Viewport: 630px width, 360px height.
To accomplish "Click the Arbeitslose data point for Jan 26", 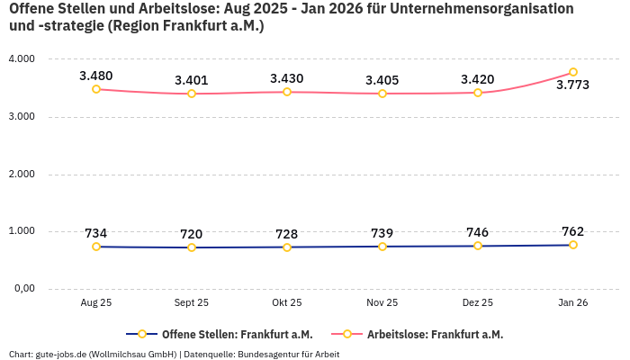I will tap(573, 72).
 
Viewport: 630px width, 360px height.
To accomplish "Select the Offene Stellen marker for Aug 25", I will tap(96, 247).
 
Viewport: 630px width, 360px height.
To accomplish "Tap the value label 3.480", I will tap(96, 76).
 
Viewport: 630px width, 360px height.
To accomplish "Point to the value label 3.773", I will tap(573, 85).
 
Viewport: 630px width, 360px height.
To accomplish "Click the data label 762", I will tap(573, 230).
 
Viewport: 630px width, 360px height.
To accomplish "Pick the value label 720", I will tap(192, 234).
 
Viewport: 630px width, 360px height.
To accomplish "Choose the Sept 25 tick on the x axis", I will tap(192, 303).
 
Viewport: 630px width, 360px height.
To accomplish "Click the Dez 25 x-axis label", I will tap(478, 303).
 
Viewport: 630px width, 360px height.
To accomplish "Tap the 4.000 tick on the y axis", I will tap(21, 58).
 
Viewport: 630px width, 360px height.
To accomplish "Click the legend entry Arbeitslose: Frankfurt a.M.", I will tap(434, 335).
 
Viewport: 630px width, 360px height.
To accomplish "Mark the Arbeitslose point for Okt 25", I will tap(287, 92).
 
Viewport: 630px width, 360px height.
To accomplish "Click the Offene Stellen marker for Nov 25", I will tap(382, 247).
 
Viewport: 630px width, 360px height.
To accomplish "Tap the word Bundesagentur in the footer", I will tap(272, 354).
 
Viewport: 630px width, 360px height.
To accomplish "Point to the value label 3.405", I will tap(382, 80).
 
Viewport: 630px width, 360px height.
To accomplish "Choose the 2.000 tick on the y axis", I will tap(21, 174).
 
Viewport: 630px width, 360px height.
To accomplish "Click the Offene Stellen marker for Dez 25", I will tap(478, 246).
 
